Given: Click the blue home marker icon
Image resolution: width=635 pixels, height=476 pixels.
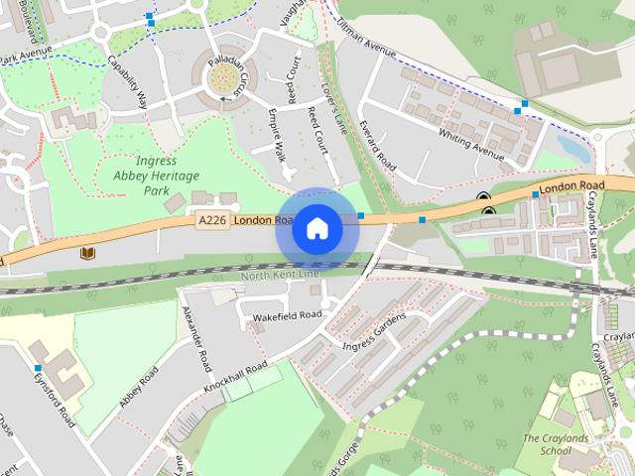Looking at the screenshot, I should pyautogui.click(x=317, y=229).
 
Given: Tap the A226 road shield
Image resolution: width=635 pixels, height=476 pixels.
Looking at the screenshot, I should pyautogui.click(x=212, y=220).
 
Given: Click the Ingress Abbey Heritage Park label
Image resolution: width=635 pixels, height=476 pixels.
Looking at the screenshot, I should pyautogui.click(x=143, y=176).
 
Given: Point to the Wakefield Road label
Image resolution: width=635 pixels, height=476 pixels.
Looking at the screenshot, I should pyautogui.click(x=288, y=315).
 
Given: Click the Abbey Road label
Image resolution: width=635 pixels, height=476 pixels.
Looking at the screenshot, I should pyautogui.click(x=139, y=388).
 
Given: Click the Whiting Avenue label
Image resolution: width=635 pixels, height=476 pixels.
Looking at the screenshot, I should pyautogui.click(x=471, y=143).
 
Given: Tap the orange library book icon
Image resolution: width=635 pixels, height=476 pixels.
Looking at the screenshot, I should pyautogui.click(x=89, y=253).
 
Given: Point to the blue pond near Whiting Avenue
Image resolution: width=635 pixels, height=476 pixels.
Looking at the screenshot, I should pyautogui.click(x=572, y=148).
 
